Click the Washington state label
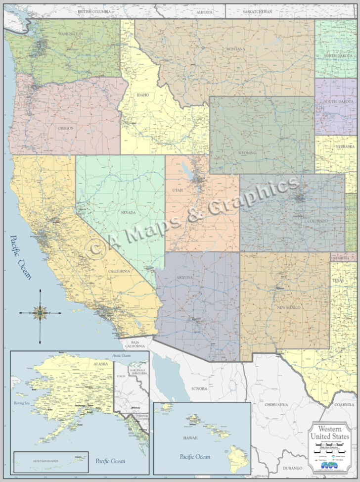[70, 34]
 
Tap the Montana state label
[236, 49]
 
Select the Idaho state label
[143, 95]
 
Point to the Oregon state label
[66, 128]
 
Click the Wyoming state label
[247, 153]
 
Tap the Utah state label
[178, 190]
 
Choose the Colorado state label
[316, 220]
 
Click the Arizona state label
[184, 278]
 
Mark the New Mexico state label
[289, 307]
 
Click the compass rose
[40, 312]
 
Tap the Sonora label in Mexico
[199, 388]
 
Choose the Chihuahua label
[276, 404]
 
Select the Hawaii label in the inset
[190, 438]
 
